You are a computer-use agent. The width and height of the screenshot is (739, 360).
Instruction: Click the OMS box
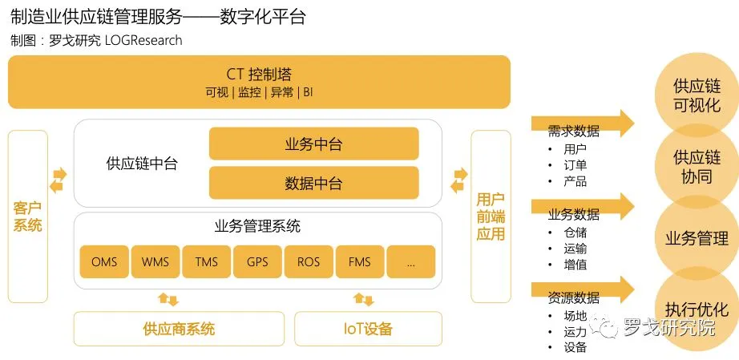[x=104, y=262]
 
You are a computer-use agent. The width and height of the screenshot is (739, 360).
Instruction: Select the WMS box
[x=155, y=262]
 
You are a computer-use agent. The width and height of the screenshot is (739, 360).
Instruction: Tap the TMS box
[x=206, y=262]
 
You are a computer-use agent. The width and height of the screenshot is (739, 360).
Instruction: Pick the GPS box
[x=257, y=262]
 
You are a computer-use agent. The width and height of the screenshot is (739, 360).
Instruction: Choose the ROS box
[x=309, y=262]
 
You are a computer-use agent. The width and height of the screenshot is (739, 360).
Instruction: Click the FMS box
[x=360, y=262]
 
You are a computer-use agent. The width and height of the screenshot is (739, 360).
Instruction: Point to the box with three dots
[x=411, y=262]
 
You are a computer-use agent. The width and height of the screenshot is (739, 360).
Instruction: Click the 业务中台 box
[x=313, y=144]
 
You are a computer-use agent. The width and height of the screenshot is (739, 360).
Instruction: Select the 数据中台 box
[x=313, y=184]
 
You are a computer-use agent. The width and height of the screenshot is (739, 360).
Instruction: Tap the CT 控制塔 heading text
[x=259, y=75]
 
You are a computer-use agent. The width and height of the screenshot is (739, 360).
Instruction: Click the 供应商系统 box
[x=179, y=329]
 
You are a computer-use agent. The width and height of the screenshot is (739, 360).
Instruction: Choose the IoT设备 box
[x=369, y=329]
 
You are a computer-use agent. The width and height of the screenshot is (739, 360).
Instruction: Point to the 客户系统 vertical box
[x=28, y=216]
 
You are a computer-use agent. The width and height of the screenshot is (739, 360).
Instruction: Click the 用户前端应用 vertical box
[x=491, y=216]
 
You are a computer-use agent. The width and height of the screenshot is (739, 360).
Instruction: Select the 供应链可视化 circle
[x=697, y=96]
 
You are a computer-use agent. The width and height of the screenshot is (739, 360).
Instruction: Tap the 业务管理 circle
[x=697, y=238]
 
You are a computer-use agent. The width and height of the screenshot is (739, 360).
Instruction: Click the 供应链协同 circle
[x=697, y=166]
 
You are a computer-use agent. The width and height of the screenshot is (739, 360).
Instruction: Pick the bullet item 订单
[x=575, y=165]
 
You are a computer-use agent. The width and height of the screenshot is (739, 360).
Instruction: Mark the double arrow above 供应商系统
[x=168, y=300]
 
